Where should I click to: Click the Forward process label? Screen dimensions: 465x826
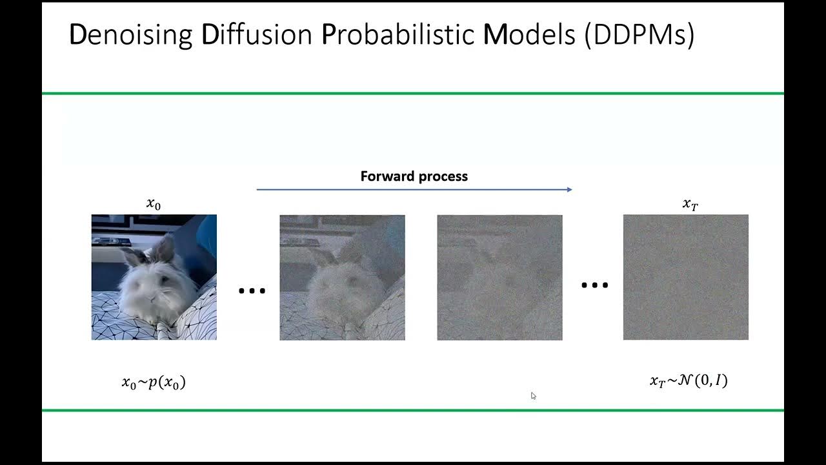pyautogui.click(x=414, y=176)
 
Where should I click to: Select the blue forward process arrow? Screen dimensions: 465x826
pyautogui.click(x=414, y=189)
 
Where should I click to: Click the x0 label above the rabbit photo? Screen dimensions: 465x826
pyautogui.click(x=154, y=204)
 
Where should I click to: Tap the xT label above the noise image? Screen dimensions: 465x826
pyautogui.click(x=690, y=204)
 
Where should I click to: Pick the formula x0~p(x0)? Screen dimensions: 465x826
pyautogui.click(x=154, y=382)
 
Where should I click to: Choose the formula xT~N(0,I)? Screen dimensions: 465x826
pyautogui.click(x=689, y=381)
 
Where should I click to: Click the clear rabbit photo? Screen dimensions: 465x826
pyautogui.click(x=154, y=277)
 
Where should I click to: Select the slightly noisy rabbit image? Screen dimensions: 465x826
pyautogui.click(x=342, y=278)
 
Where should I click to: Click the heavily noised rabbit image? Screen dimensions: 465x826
pyautogui.click(x=499, y=278)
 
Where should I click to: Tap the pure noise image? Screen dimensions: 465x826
pyautogui.click(x=685, y=278)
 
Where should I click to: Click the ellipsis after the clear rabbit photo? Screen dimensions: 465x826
pyautogui.click(x=252, y=291)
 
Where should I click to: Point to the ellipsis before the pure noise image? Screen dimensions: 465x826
pyautogui.click(x=594, y=285)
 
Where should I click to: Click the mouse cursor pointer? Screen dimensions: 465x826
pyautogui.click(x=533, y=396)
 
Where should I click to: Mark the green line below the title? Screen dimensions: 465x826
pyautogui.click(x=413, y=94)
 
